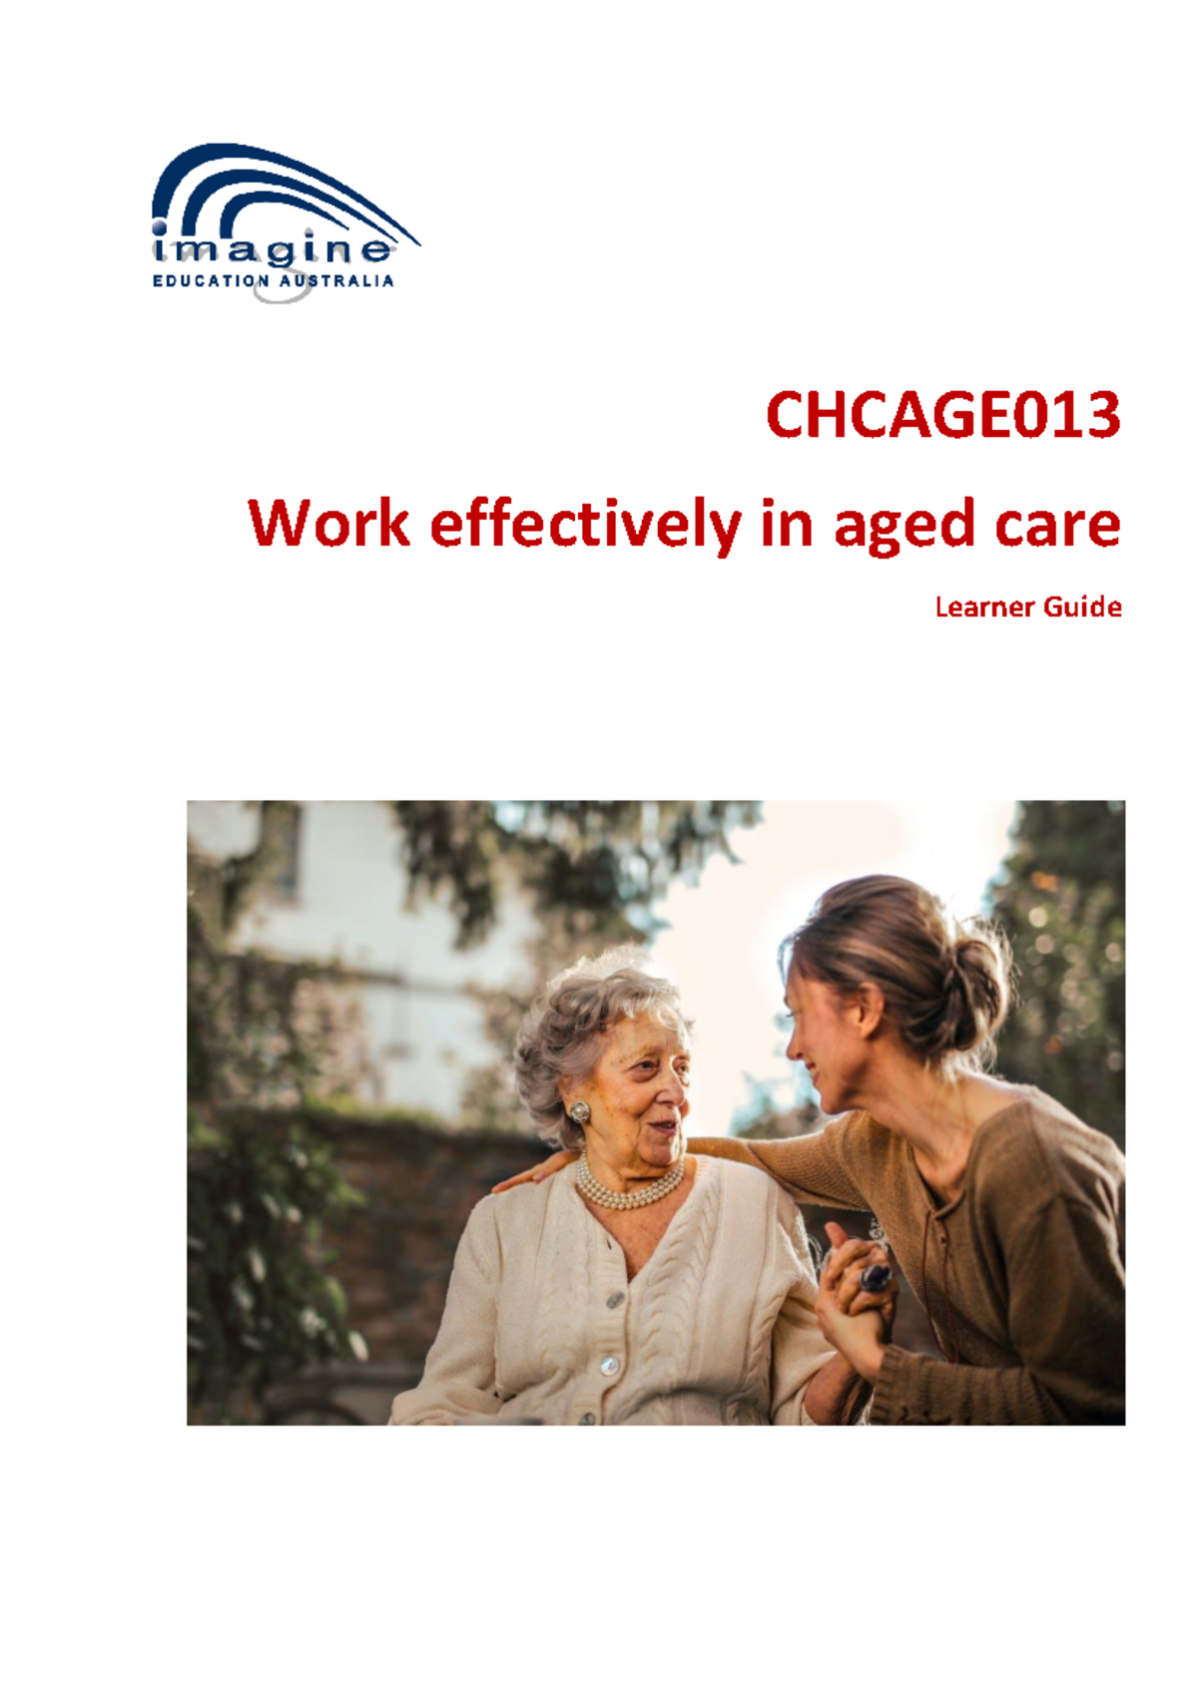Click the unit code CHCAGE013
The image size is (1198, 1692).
click(942, 415)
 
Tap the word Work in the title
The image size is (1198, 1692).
click(328, 524)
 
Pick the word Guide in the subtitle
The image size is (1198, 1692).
click(1082, 607)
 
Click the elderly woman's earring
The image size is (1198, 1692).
click(579, 1111)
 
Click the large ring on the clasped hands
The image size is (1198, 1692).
click(876, 1277)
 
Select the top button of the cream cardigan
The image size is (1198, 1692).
click(615, 1300)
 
